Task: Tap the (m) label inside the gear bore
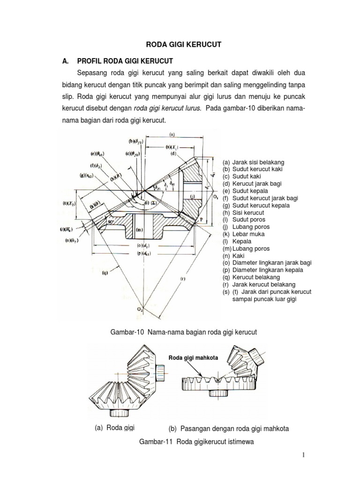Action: pyautogui.click(x=139, y=230)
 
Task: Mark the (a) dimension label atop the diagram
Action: pyautogui.click(x=172, y=134)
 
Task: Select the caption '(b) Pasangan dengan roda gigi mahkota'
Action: pyautogui.click(x=228, y=428)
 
